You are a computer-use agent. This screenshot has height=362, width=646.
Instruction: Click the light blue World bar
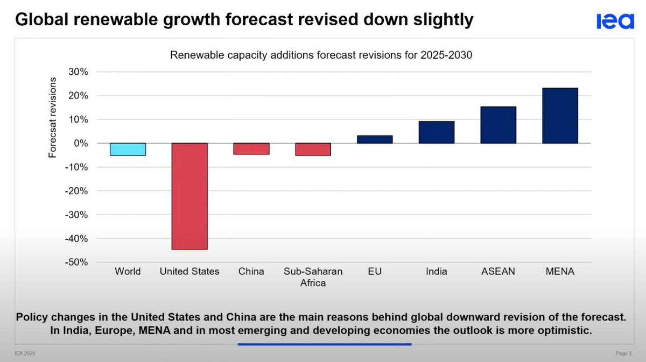pyautogui.click(x=128, y=150)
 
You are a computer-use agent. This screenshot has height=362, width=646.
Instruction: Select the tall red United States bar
pyautogui.click(x=189, y=196)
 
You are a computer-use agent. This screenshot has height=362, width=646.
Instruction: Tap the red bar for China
pyautogui.click(x=251, y=149)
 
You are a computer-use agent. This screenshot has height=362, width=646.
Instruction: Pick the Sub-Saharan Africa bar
pyautogui.click(x=313, y=150)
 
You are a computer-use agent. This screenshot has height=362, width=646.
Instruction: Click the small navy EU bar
pyautogui.click(x=375, y=139)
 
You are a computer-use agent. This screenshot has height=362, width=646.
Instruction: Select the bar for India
pyautogui.click(x=437, y=132)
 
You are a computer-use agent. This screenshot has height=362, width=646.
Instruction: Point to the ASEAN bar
pyautogui.click(x=498, y=125)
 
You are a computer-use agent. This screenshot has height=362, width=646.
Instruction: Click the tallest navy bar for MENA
pyautogui.click(x=560, y=116)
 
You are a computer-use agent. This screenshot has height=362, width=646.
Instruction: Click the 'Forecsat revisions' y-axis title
pyautogui.click(x=53, y=117)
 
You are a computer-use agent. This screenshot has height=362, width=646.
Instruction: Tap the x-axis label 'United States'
pyautogui.click(x=189, y=272)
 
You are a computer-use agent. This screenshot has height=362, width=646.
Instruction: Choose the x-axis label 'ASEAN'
pyautogui.click(x=498, y=272)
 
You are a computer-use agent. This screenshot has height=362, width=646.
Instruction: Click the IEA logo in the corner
pyautogui.click(x=615, y=22)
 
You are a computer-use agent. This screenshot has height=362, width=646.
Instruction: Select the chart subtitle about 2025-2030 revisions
pyautogui.click(x=321, y=55)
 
